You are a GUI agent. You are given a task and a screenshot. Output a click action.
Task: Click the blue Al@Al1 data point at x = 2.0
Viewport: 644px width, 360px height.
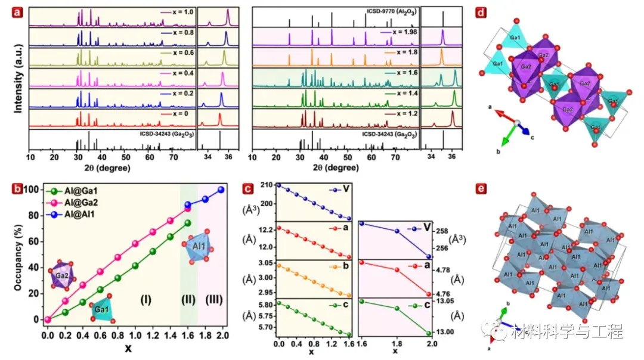click(x=221, y=190)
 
